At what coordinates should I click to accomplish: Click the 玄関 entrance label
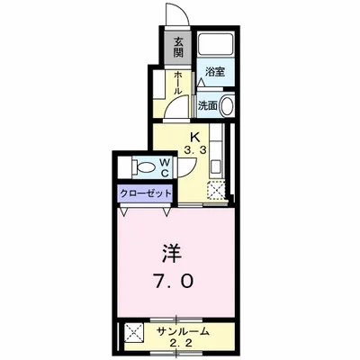click(x=179, y=45)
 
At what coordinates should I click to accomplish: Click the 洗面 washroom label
click(x=209, y=104)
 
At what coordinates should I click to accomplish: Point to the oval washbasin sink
click(x=226, y=104)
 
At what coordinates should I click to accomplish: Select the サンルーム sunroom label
click(x=184, y=329)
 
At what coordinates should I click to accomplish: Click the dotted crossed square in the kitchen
click(x=216, y=191)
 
